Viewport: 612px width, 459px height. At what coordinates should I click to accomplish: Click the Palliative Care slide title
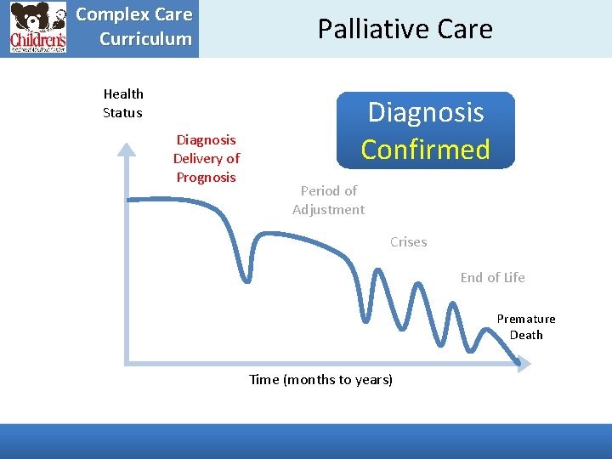pos(405,29)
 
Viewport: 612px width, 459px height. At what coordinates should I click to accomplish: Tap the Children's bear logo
pos(38,28)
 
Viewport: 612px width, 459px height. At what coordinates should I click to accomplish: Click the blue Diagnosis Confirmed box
pos(425,130)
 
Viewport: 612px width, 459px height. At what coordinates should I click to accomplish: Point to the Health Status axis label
pos(122,103)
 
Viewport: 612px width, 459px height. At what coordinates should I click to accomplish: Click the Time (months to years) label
pos(320,379)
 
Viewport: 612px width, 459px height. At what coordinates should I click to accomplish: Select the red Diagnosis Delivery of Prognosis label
pos(206,158)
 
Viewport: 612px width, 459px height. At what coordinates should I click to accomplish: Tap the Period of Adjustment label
pos(328,200)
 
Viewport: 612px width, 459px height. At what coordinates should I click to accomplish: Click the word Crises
pos(408,242)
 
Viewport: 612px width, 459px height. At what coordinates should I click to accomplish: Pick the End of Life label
pos(492,277)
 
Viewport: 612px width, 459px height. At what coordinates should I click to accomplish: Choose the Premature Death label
pos(526,326)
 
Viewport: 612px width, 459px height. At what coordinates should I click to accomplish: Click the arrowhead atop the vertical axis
pos(126,150)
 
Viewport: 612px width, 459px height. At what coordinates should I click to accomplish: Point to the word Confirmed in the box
pos(425,149)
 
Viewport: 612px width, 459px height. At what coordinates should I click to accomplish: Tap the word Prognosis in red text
pos(206,177)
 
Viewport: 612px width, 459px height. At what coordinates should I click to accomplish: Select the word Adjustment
pos(328,209)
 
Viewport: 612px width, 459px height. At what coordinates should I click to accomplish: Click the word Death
pos(526,335)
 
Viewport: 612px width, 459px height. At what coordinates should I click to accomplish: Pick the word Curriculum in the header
pos(145,38)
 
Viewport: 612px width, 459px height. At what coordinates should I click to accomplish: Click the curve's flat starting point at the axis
pos(129,200)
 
